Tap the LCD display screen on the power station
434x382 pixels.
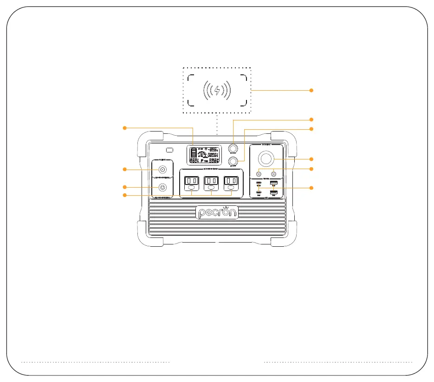point(207,154)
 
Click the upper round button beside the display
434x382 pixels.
point(233,148)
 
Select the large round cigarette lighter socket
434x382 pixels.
point(266,160)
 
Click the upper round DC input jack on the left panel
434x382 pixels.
point(163,170)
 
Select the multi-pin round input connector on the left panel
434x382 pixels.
point(163,188)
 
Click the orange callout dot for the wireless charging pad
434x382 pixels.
point(312,90)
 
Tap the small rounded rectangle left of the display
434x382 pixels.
point(169,150)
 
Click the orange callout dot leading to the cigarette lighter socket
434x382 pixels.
point(312,159)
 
